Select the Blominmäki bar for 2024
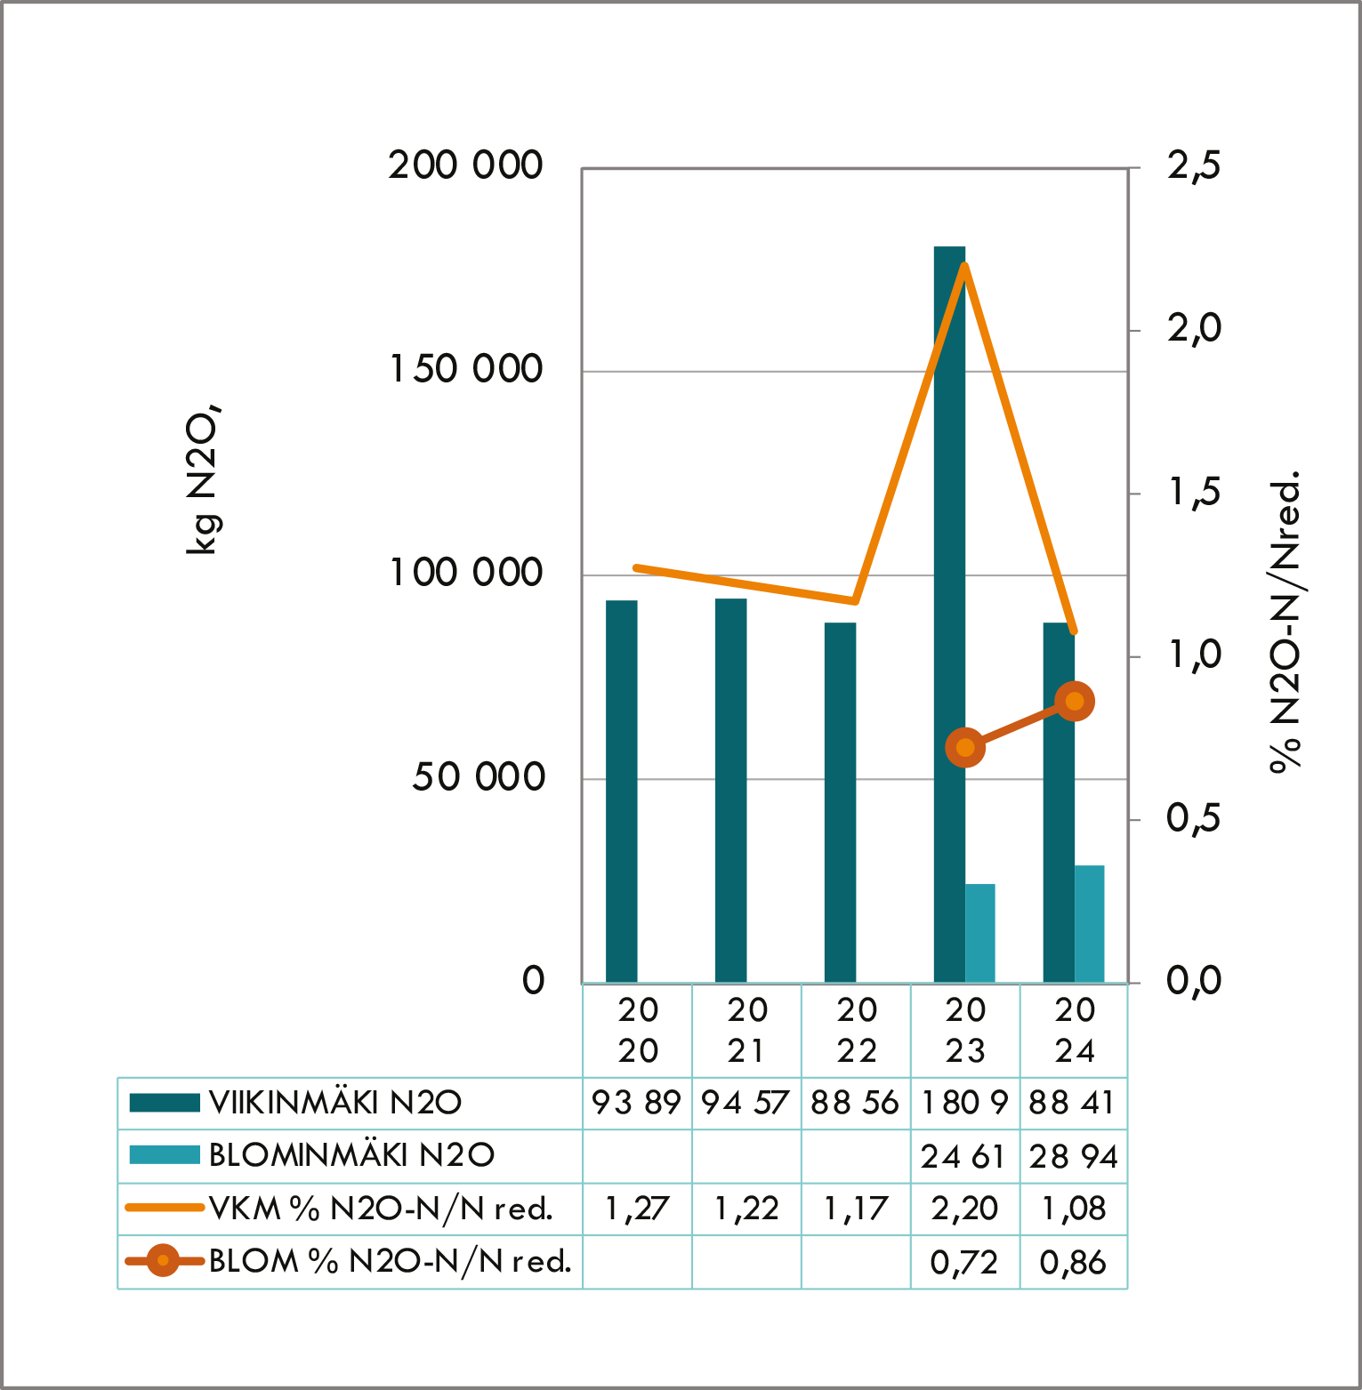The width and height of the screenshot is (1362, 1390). click(x=1089, y=924)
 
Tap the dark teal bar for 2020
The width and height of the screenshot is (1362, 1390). click(x=621, y=791)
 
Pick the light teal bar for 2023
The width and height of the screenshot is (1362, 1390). click(x=979, y=933)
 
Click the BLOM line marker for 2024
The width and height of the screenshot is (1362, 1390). click(x=1075, y=702)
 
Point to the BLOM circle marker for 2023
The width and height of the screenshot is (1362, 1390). click(x=965, y=747)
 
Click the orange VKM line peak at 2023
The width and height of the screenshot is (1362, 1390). click(x=965, y=266)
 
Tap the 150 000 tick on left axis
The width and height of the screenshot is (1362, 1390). click(x=466, y=369)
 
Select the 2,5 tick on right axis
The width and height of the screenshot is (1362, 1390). click(x=1194, y=166)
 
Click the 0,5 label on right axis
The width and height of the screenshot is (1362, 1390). click(x=1194, y=819)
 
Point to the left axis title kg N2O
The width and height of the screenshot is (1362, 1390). click(x=204, y=480)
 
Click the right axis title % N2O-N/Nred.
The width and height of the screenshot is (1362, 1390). click(x=1285, y=623)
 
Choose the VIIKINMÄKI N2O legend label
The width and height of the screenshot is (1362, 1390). click(x=335, y=1103)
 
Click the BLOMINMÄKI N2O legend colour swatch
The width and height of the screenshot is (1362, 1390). click(x=165, y=1155)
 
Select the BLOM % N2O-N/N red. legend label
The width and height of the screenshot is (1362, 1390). click(x=390, y=1261)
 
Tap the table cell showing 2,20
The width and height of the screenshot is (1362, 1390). click(x=964, y=1209)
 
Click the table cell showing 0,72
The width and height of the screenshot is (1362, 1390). click(x=964, y=1262)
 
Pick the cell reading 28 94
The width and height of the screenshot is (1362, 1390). click(x=1074, y=1156)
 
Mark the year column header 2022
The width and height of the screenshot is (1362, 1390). click(x=857, y=1031)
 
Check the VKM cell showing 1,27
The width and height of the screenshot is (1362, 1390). click(x=637, y=1209)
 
